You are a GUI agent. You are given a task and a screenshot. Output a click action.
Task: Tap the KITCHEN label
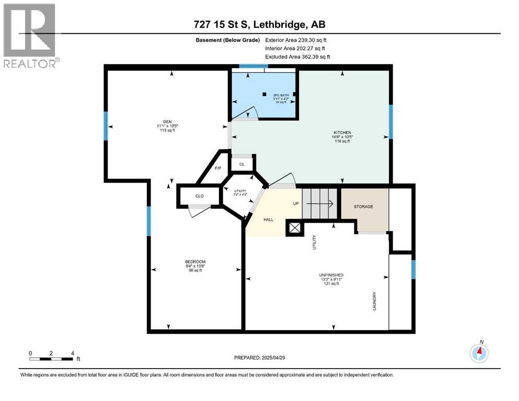pyautogui.click(x=342, y=133)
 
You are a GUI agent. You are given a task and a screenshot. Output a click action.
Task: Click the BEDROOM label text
pyautogui.click(x=195, y=262)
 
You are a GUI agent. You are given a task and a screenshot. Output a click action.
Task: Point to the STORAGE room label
pyautogui.click(x=363, y=207)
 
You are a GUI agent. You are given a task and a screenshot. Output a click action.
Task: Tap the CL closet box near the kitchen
pyautogui.click(x=241, y=164)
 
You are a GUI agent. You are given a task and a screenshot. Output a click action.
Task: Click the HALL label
pyautogui.click(x=268, y=220)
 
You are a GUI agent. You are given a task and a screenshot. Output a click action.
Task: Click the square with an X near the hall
pyautogui.click(x=294, y=228)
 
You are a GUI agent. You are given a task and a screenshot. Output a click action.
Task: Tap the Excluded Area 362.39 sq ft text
pyautogui.click(x=297, y=56)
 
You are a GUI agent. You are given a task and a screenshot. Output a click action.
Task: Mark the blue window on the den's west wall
pyautogui.click(x=106, y=126)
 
